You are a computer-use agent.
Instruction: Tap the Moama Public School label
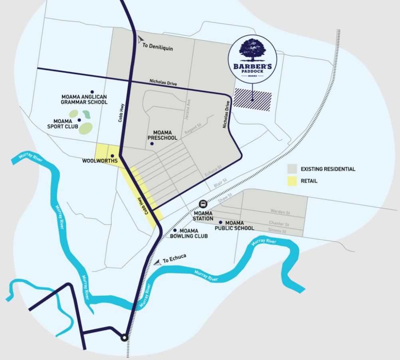point(234,225)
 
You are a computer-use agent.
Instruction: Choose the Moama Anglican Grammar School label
point(84,99)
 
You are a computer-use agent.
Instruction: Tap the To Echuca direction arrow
point(157,261)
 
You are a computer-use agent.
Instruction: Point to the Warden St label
point(280,212)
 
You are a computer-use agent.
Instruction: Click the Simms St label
point(278,231)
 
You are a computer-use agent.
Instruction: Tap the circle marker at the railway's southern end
point(125,338)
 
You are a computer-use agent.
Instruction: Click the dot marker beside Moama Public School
point(220,222)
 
